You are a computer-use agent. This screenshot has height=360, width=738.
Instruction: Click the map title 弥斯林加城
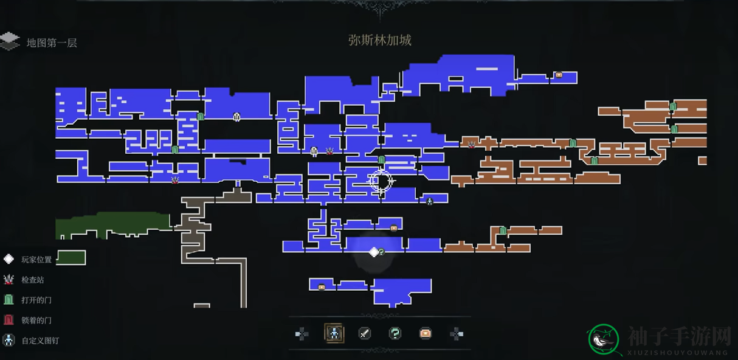(x=379, y=40)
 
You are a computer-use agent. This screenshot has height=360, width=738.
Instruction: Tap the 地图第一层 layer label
(x=52, y=43)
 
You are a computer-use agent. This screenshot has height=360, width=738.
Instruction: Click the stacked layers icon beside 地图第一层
(x=10, y=41)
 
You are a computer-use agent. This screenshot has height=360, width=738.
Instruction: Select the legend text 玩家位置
(x=36, y=260)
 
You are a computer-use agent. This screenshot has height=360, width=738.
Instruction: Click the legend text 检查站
(x=33, y=280)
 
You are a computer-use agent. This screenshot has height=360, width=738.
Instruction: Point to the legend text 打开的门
(x=36, y=300)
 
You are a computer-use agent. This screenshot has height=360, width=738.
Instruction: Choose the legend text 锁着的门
(x=36, y=320)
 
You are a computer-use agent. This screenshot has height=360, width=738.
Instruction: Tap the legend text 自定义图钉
(x=40, y=341)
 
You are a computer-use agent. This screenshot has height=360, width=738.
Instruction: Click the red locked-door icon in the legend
(x=9, y=320)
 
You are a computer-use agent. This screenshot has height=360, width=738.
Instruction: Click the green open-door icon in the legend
(x=9, y=300)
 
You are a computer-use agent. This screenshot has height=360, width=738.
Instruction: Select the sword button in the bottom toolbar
(x=364, y=334)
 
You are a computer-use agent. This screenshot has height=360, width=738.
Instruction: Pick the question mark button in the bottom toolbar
(x=395, y=334)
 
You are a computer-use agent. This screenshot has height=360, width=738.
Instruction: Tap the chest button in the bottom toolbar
(x=426, y=334)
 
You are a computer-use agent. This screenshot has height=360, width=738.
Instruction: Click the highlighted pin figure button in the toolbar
(x=334, y=333)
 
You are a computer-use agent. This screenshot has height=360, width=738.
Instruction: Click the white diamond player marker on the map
(x=374, y=252)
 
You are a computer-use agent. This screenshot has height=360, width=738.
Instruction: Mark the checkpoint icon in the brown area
(x=472, y=144)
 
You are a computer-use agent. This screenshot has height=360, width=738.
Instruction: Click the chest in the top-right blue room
(x=559, y=75)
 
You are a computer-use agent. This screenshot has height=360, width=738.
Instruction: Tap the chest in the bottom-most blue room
(x=322, y=287)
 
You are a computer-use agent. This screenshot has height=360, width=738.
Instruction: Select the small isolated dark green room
(x=71, y=257)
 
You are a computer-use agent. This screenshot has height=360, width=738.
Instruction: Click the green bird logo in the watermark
(x=603, y=340)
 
